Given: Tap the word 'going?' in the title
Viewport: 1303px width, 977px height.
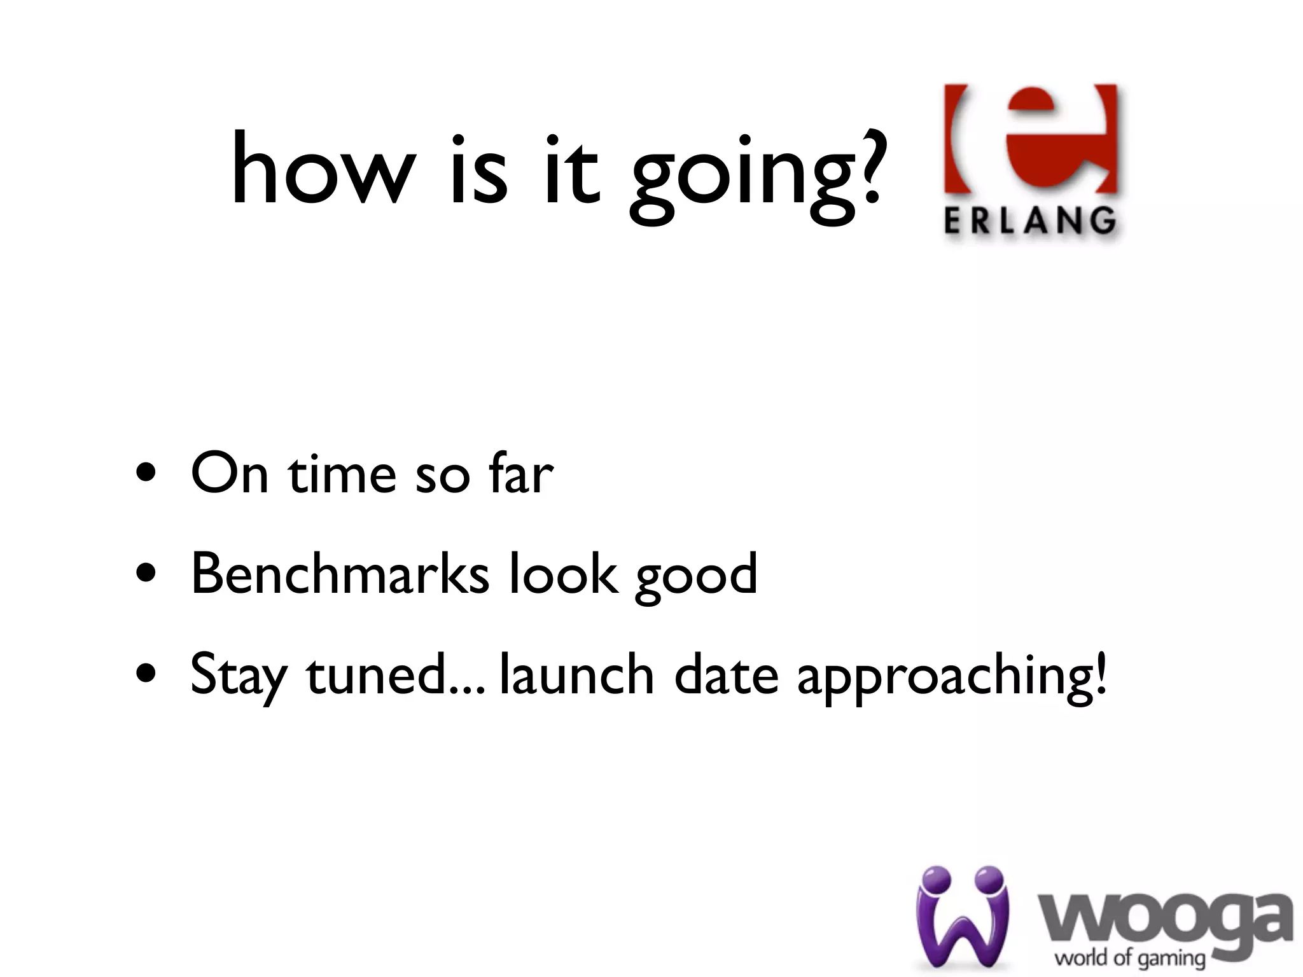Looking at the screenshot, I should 757,175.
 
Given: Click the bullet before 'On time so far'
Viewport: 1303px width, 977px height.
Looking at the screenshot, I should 147,475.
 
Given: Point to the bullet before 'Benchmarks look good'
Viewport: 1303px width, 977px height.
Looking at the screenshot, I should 147,575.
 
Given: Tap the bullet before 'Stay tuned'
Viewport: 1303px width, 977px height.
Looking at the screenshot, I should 147,675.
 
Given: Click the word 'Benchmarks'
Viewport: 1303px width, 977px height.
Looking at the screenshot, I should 340,574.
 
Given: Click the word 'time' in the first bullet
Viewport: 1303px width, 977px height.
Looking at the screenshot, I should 342,475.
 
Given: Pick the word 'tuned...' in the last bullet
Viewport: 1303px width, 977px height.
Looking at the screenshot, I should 396,674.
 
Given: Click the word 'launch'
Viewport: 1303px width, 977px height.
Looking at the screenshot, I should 576,674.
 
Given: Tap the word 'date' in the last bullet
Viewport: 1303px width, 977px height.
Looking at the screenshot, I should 726,674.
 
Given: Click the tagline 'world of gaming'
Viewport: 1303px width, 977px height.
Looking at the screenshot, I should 1129,957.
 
